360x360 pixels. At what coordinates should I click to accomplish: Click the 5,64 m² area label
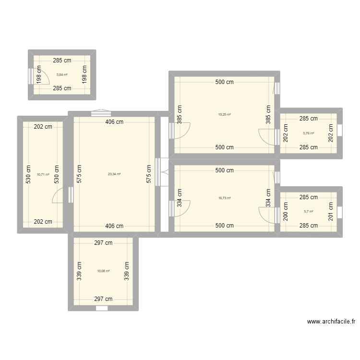pyautogui.click(x=62, y=75)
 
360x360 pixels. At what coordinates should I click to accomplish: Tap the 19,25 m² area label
pyautogui.click(x=224, y=115)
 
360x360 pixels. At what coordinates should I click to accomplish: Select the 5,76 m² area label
pyautogui.click(x=308, y=133)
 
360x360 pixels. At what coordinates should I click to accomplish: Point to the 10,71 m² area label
pyautogui.click(x=43, y=175)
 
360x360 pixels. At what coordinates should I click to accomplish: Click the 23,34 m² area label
pyautogui.click(x=114, y=174)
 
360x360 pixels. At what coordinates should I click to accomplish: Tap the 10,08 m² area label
pyautogui.click(x=103, y=271)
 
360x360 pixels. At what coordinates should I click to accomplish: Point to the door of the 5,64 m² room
pyautogui.click(x=41, y=76)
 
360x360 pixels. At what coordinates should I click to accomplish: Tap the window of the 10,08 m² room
pyautogui.click(x=101, y=308)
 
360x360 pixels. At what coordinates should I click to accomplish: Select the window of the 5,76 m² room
pyautogui.click(x=340, y=131)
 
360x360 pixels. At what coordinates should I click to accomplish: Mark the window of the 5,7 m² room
pyautogui.click(x=340, y=212)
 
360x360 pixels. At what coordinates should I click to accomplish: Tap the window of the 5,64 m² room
pyautogui.click(x=31, y=75)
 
